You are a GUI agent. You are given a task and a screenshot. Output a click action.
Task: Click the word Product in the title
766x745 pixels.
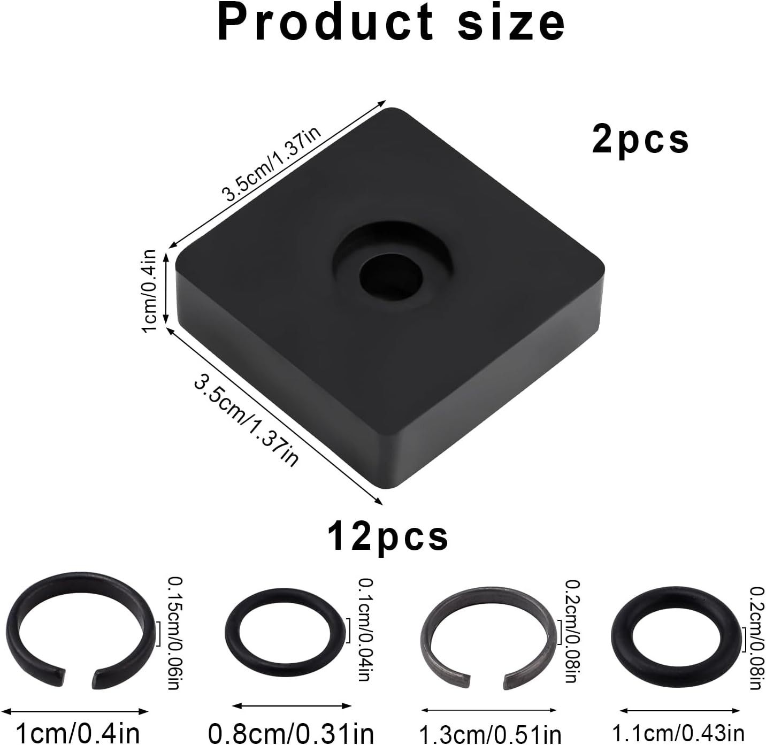point(325,22)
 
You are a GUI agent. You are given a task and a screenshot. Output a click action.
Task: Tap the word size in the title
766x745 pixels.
point(511,22)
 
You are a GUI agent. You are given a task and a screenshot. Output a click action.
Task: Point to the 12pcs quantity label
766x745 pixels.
point(388,536)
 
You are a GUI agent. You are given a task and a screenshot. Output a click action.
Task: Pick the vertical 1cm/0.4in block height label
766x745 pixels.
point(149,290)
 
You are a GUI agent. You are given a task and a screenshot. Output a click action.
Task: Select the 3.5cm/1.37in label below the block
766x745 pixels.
point(246,421)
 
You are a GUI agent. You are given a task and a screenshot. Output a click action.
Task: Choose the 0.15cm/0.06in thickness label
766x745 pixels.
point(173,633)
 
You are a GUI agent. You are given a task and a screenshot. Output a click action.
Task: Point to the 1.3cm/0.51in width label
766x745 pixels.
point(489,734)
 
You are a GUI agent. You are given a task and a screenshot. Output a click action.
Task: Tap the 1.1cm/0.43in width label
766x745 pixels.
point(678,733)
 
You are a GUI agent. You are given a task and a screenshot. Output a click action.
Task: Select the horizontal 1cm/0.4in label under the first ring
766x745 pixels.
point(78,732)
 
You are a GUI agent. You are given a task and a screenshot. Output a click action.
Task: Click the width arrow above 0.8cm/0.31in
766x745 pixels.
point(292,706)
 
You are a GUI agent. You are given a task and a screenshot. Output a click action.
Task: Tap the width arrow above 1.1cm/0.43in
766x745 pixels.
point(679,711)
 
